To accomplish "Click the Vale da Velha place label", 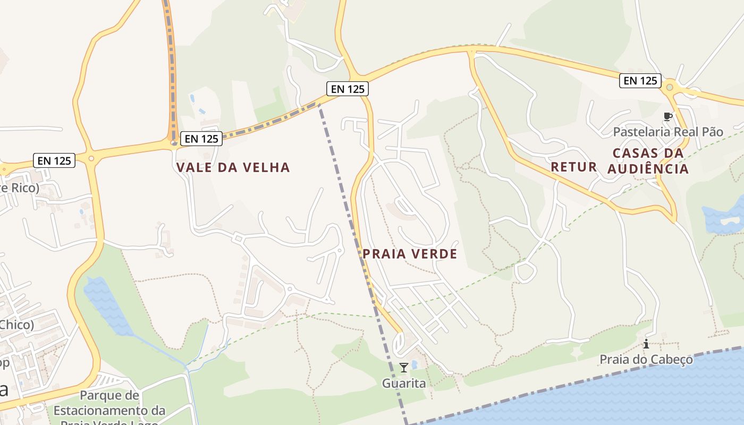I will tap(233, 167).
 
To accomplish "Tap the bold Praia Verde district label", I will tap(410, 254).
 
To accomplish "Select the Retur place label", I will tap(573, 167).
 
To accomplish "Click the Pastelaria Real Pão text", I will tap(668, 132).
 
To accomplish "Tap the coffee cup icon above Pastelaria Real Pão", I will tap(668, 116).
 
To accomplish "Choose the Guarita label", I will tap(404, 383).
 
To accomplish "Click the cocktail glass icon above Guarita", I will tap(404, 367).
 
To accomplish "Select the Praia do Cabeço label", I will tap(646, 360).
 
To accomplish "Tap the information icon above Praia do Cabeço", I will tap(646, 344).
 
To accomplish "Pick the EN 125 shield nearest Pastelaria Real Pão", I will tap(640, 81).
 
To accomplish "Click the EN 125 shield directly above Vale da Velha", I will tap(201, 139).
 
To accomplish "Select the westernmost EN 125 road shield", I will tap(54, 160).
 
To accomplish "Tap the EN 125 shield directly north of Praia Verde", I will tap(348, 89).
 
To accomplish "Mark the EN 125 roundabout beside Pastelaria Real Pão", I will tap(670, 87).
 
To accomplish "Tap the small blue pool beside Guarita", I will tap(415, 364).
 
